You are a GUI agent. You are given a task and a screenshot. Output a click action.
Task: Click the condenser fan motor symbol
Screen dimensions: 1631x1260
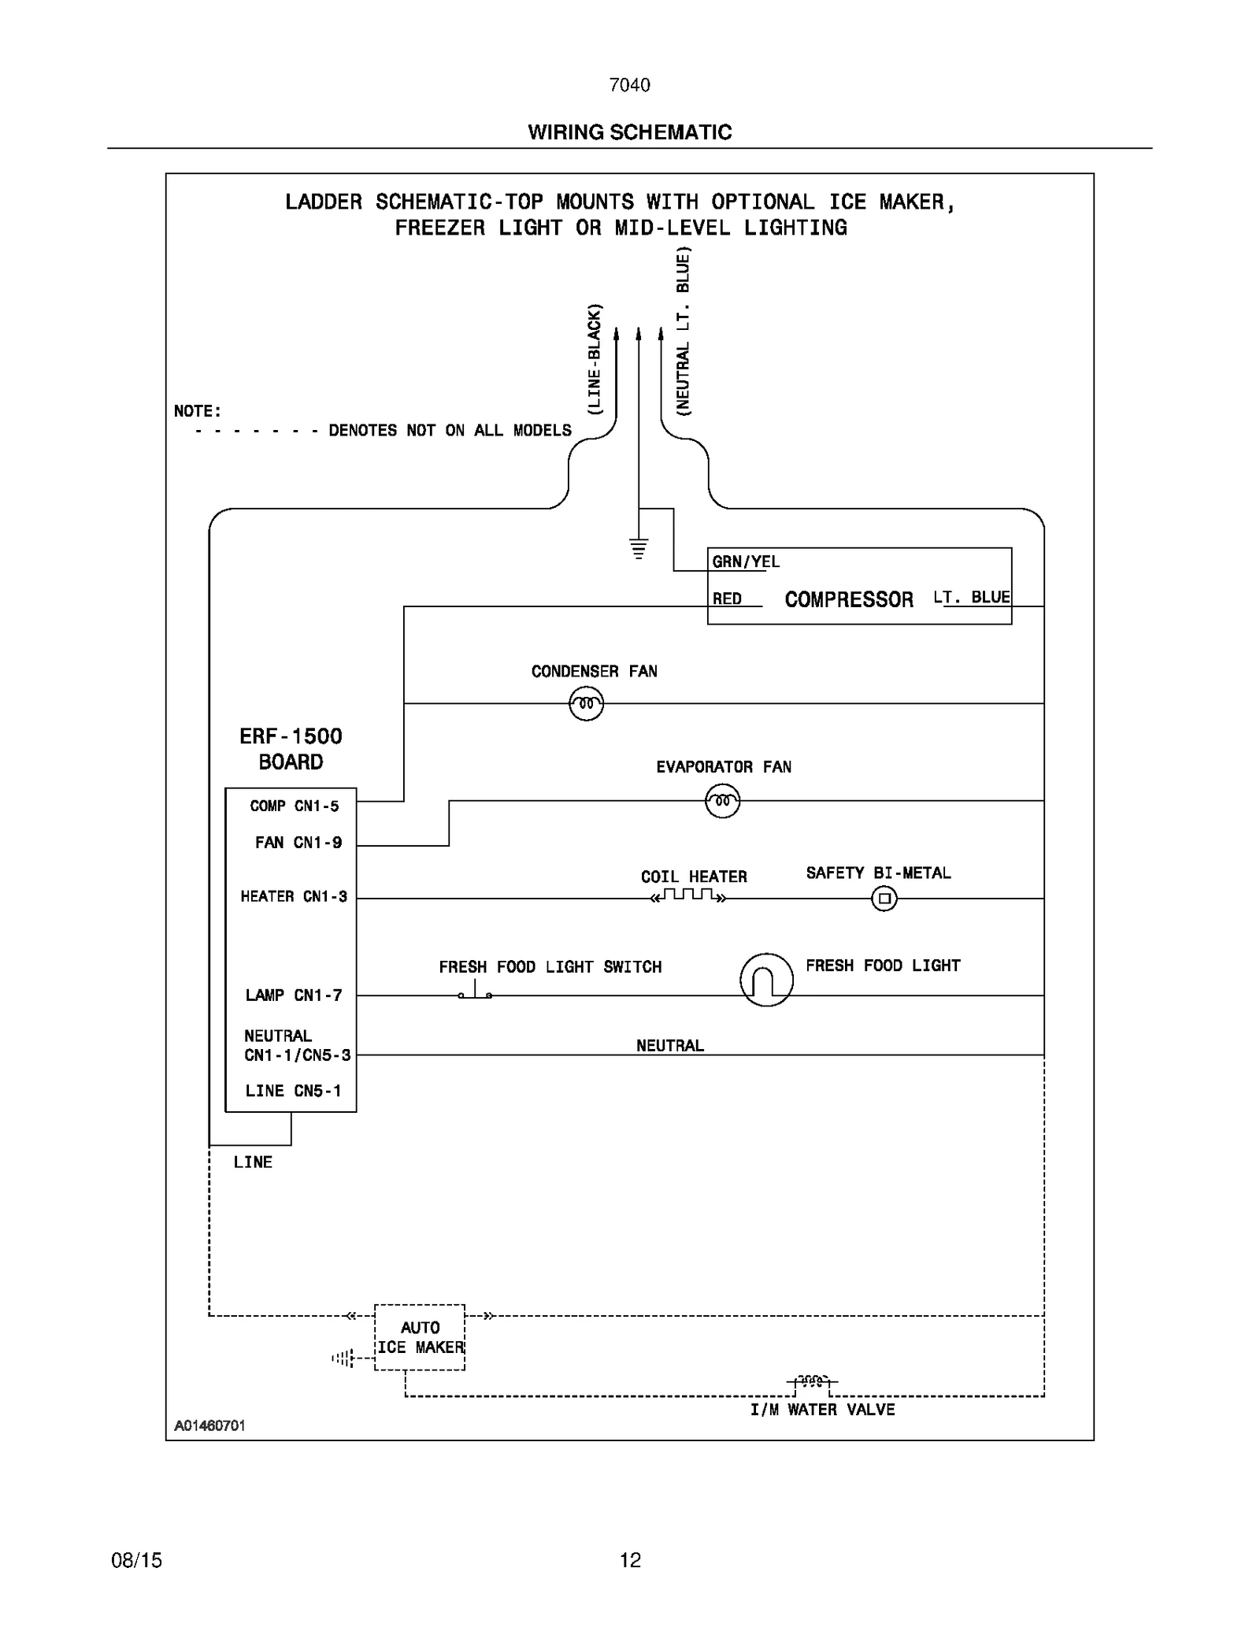[x=586, y=703]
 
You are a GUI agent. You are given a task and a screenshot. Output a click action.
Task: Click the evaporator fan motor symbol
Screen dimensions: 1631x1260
[x=722, y=802]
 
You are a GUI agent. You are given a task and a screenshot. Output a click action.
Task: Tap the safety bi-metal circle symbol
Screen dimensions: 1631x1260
[x=884, y=898]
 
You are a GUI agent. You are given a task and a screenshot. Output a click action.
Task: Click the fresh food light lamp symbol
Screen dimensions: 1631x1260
[x=766, y=980]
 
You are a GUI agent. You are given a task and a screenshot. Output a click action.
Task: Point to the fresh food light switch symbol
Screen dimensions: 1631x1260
[x=475, y=992]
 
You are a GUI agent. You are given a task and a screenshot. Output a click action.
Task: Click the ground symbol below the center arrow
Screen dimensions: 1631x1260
[x=639, y=548]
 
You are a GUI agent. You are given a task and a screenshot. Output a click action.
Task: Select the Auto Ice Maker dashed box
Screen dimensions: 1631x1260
[x=420, y=1337]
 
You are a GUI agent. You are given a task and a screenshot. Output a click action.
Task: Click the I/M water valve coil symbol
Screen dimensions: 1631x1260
[x=811, y=1381]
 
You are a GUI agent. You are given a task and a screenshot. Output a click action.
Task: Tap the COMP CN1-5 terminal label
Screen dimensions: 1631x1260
[x=294, y=806]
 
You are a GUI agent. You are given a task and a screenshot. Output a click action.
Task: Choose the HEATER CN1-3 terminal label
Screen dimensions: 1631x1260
[x=293, y=896]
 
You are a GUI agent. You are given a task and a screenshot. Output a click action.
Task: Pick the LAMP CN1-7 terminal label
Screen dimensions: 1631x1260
[x=293, y=995]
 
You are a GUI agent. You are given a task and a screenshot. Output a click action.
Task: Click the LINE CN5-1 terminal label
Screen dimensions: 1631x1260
[x=293, y=1091]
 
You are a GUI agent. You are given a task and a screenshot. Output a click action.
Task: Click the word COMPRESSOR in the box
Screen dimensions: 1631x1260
[x=848, y=599]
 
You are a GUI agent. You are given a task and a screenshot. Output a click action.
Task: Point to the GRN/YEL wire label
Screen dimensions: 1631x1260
[x=745, y=562]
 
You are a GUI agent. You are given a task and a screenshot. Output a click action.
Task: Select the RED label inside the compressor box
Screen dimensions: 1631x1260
[x=727, y=599]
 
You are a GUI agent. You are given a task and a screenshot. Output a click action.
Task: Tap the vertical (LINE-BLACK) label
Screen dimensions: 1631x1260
[x=595, y=359]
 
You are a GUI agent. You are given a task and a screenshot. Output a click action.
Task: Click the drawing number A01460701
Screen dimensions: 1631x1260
[x=209, y=1425]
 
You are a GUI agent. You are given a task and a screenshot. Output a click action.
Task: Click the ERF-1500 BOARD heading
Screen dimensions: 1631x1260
[x=291, y=749]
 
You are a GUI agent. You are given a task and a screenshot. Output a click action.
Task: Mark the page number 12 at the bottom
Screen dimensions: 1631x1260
[x=630, y=1560]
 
